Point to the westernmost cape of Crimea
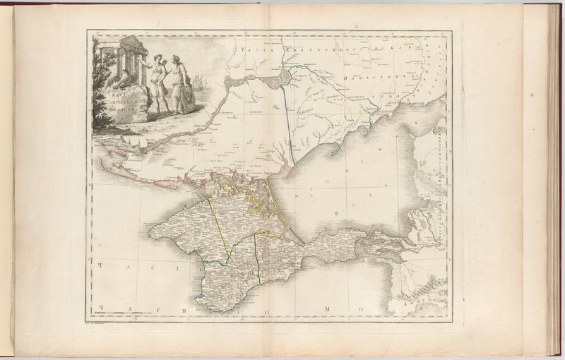click(x=149, y=229)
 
